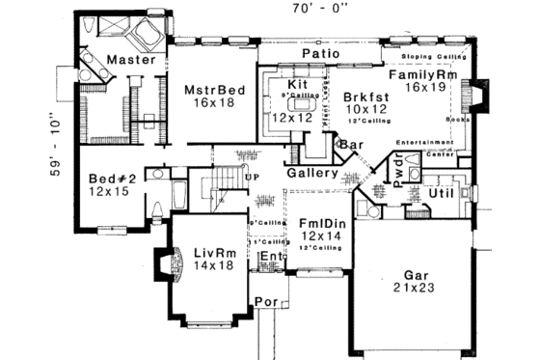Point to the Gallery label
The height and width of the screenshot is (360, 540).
[311, 174]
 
